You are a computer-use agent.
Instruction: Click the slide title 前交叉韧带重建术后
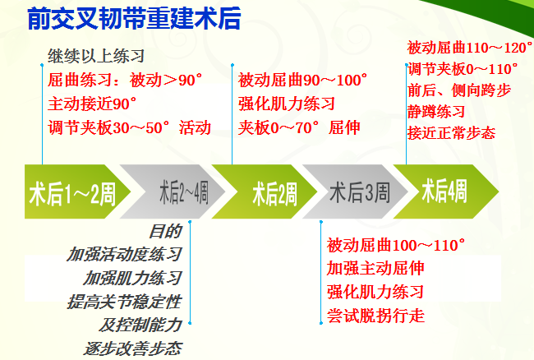134,18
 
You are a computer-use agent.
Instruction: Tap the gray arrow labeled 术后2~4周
173,192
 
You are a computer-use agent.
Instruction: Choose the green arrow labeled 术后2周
265,192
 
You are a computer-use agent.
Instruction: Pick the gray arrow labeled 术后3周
355,192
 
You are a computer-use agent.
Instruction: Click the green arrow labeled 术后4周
446,192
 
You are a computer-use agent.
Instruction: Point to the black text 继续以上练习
96,56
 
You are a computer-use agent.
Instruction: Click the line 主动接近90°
92,104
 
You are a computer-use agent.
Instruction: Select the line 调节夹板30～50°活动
130,127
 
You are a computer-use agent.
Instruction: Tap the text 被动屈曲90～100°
302,81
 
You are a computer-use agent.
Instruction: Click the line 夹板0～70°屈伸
299,127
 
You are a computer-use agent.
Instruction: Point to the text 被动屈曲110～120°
469,48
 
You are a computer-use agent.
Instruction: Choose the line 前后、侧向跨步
459,90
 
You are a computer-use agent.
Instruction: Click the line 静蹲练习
436,112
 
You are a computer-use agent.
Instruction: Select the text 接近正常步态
451,133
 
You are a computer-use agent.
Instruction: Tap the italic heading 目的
165,231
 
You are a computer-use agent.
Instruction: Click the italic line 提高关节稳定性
124,302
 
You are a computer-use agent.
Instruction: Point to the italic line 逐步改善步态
133,348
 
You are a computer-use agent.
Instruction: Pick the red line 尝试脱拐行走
375,316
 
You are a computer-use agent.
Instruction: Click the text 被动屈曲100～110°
396,245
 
